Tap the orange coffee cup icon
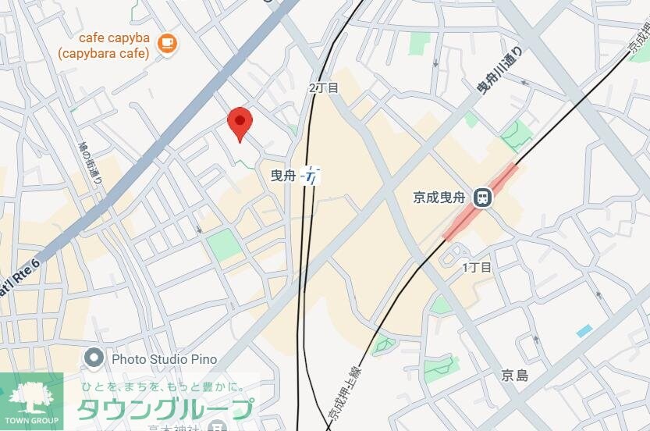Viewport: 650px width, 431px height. coord(166,44)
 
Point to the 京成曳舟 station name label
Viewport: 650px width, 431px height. coord(442,198)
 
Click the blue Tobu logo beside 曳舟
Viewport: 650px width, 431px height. coord(311,176)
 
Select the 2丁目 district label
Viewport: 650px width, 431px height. coord(324,88)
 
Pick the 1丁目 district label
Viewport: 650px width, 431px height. coord(477,268)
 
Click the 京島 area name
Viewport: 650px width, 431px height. coord(515,376)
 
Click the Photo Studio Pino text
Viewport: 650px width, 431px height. coord(164,359)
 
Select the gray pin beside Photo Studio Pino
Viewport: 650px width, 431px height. coord(94,359)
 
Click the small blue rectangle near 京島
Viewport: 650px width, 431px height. coord(584,331)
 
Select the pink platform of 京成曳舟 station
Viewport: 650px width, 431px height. coord(480,201)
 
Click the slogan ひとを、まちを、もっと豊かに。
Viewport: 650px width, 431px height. coord(164,386)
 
